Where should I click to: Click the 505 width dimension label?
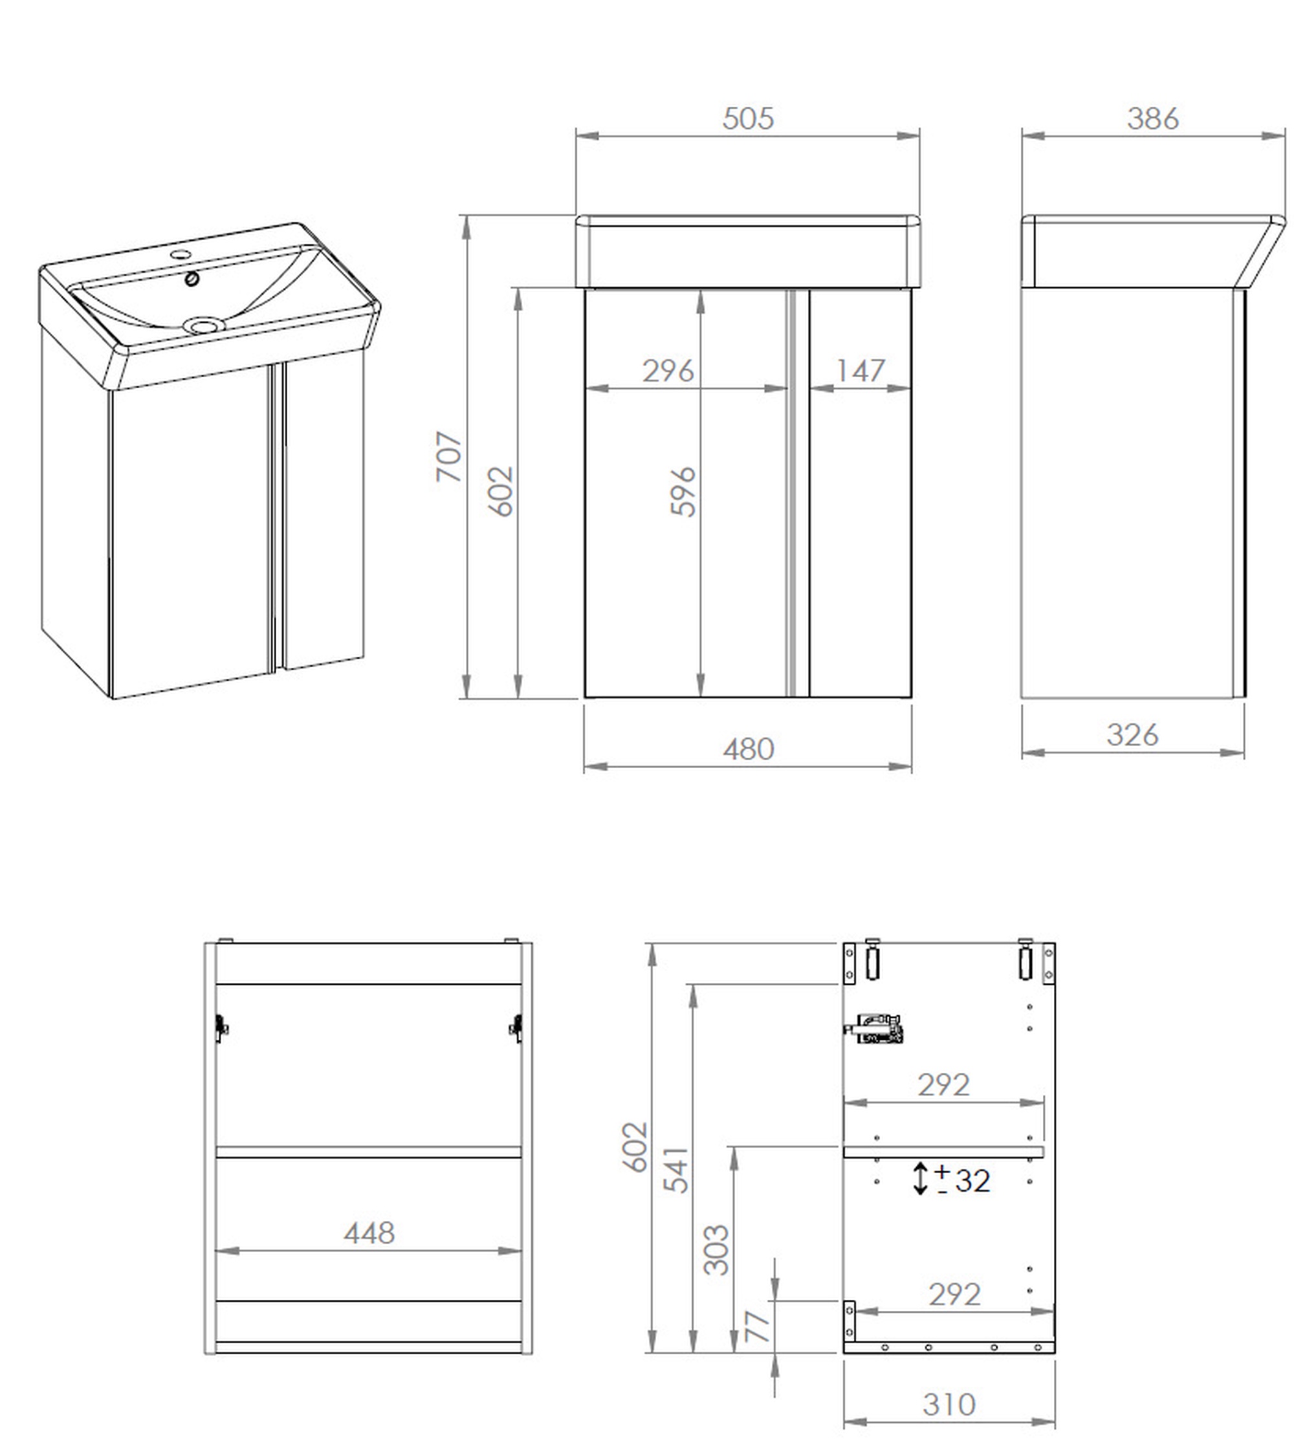(747, 119)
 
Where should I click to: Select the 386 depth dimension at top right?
(1152, 119)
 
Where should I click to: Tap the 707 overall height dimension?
(450, 456)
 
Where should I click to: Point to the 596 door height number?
(683, 491)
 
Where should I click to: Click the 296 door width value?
(668, 371)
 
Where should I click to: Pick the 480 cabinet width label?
(748, 749)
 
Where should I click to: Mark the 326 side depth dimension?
(1132, 735)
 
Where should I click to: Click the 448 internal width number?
(369, 1233)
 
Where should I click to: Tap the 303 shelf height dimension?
(716, 1250)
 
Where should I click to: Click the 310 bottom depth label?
(949, 1405)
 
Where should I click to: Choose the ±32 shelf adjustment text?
(963, 1181)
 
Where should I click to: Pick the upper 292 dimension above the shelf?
(943, 1086)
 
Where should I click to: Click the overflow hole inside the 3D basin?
(192, 279)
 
